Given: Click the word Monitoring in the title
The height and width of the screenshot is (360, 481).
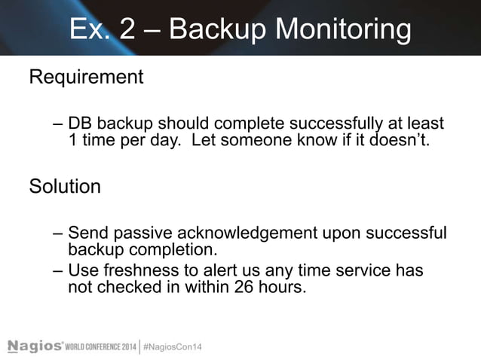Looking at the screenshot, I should (342, 30).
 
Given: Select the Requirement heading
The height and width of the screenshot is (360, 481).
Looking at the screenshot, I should (86, 77).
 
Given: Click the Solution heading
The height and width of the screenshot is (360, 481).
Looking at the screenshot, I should (65, 186).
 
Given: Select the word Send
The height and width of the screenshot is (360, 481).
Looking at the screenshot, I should (86, 233).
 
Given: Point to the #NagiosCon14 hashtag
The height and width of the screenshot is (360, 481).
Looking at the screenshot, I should (173, 346).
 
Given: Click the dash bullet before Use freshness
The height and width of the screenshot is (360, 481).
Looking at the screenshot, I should (59, 270).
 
